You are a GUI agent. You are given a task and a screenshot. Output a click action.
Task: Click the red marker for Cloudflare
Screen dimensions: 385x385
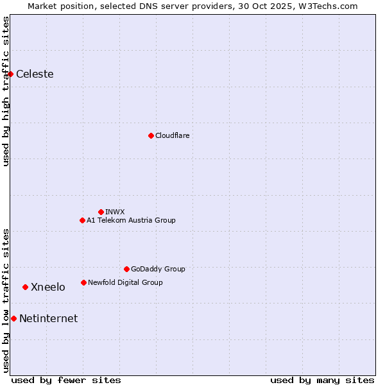[x=151, y=135]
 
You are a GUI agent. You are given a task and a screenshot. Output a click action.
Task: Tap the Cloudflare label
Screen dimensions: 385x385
[x=172, y=135]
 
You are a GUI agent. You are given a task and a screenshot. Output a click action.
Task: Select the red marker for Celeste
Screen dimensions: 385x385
[x=11, y=74]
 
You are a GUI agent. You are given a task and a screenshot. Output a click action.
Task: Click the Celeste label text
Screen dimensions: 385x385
[x=35, y=74]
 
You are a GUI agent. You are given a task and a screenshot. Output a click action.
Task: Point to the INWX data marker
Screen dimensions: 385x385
[x=101, y=212]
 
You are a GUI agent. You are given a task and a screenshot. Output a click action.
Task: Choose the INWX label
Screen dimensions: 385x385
[x=115, y=212]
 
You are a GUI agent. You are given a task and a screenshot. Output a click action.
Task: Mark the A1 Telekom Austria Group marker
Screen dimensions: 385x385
[x=82, y=220]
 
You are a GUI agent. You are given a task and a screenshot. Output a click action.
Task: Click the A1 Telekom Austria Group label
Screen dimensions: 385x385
[x=131, y=220]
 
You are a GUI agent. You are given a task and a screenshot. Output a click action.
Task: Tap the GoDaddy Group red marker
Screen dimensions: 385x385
[x=126, y=269]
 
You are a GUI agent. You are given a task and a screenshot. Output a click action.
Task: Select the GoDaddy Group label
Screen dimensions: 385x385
[x=157, y=269]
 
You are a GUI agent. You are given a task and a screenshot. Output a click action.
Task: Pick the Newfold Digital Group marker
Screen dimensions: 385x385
[x=83, y=282]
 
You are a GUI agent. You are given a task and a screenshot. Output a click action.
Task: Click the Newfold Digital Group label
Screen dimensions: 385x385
[x=125, y=282]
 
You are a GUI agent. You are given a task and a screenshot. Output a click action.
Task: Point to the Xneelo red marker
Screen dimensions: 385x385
[x=25, y=287]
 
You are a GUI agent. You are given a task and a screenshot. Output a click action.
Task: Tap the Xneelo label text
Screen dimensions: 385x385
[x=47, y=287]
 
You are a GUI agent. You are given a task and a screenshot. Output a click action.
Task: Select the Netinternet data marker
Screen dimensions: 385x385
[x=13, y=318]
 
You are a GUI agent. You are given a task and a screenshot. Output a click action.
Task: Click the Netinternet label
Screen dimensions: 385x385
[x=48, y=318]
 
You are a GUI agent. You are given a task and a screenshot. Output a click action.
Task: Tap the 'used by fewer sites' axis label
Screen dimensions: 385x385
[x=66, y=380]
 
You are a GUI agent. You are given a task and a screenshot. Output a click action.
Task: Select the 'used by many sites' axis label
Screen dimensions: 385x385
[x=322, y=380]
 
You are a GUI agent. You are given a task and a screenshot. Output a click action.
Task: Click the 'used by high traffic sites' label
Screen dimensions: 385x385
[x=6, y=91]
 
